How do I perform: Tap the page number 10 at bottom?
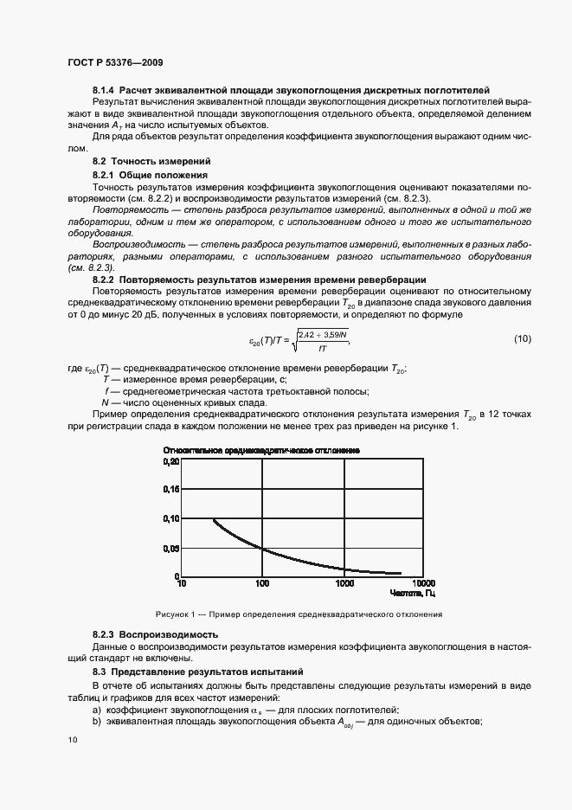(x=72, y=740)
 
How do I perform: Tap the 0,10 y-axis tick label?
(x=170, y=518)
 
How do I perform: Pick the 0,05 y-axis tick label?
(x=170, y=548)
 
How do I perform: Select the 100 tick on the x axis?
(x=263, y=584)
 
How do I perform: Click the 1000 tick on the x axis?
(x=344, y=584)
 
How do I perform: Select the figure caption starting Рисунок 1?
(x=299, y=614)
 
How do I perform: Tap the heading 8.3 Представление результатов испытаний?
(x=199, y=672)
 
